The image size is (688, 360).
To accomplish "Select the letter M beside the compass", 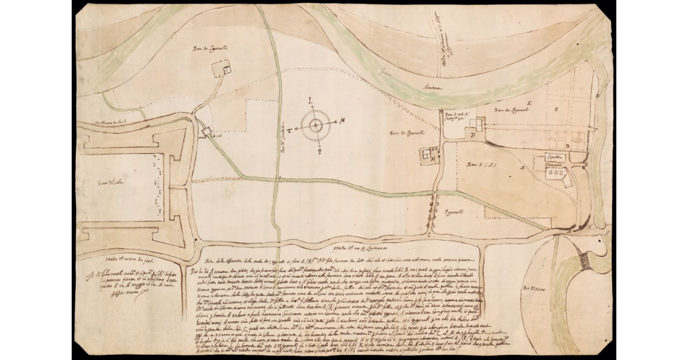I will (342, 120).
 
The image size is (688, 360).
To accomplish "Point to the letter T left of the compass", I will (290, 131).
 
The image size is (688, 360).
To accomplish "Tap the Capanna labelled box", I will (554, 157).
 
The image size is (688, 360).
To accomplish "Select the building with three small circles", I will (555, 173).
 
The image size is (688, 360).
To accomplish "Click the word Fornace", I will (554, 165).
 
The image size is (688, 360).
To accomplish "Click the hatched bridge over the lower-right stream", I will (585, 261).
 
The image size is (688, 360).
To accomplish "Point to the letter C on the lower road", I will (429, 234).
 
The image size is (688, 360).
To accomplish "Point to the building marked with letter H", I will (427, 154).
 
